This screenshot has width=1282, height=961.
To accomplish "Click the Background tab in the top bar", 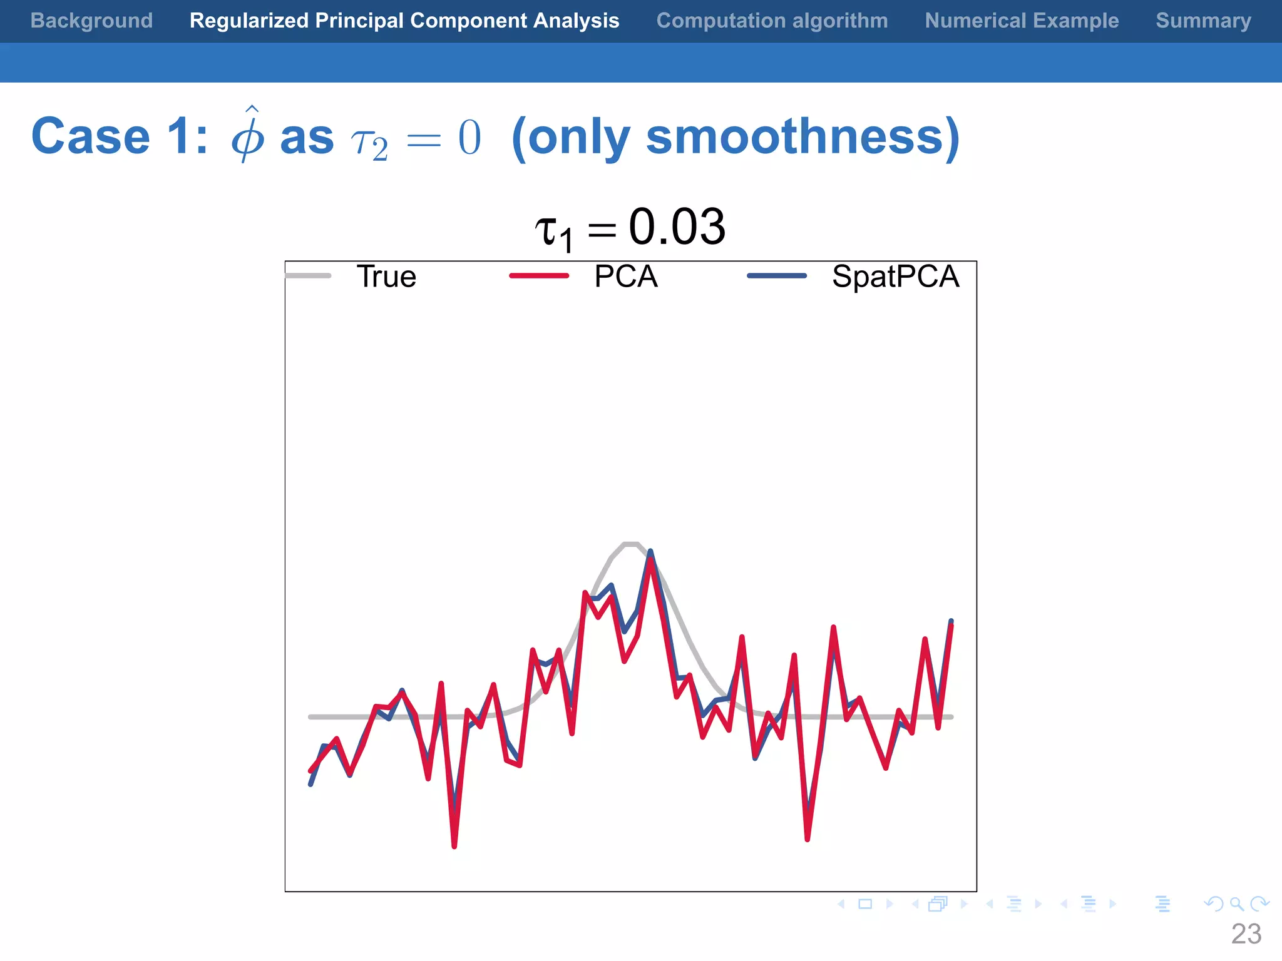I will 91,21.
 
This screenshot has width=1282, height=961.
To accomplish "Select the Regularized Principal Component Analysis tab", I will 404,21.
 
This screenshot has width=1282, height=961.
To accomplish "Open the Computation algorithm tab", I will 772,21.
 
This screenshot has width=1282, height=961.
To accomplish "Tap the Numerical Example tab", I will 1022,21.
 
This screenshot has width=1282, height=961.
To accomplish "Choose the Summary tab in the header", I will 1203,21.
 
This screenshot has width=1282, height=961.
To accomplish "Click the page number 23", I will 1246,934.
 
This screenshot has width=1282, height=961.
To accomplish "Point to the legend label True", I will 386,277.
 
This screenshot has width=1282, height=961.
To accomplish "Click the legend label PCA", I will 625,277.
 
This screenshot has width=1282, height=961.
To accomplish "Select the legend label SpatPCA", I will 895,277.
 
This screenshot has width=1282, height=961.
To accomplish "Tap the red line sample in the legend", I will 539,276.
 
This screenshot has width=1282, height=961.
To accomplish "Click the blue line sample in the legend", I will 777,276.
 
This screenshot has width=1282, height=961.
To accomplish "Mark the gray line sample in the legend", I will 309,276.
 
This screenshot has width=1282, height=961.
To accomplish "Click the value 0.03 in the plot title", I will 677,226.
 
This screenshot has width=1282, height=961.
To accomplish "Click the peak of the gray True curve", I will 630,544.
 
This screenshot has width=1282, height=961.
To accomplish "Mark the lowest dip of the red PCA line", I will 454,847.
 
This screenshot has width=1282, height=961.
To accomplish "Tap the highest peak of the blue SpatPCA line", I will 650,551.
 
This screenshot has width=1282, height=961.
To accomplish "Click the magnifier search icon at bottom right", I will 1236,904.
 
